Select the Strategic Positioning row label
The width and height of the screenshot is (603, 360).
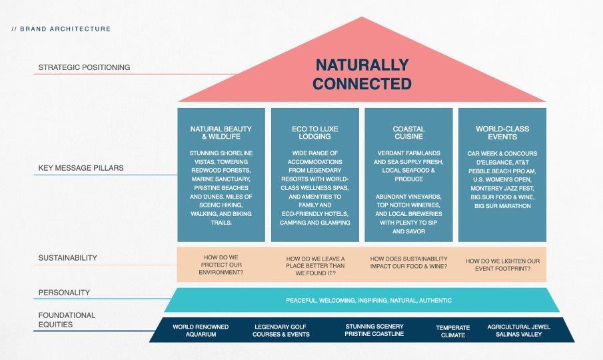[84, 67]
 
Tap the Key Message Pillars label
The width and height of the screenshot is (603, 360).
[80, 169]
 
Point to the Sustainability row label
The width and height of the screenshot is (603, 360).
[67, 258]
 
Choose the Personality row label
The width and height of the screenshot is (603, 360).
[64, 293]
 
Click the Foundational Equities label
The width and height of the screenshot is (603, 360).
[67, 320]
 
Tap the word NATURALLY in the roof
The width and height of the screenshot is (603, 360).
[362, 65]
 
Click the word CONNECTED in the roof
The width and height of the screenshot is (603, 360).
[362, 85]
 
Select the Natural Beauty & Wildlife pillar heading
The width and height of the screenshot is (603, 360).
[221, 133]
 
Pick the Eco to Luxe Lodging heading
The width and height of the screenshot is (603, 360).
[315, 133]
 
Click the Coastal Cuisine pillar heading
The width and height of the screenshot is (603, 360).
[408, 133]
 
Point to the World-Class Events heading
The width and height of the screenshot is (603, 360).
[502, 133]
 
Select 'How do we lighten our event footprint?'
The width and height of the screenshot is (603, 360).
[503, 265]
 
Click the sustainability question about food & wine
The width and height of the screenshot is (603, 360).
[408, 263]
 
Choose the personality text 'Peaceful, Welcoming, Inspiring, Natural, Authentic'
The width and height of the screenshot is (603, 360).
[368, 301]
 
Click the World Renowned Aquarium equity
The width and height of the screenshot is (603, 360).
[201, 331]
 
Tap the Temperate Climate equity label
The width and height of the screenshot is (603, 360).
[453, 331]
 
